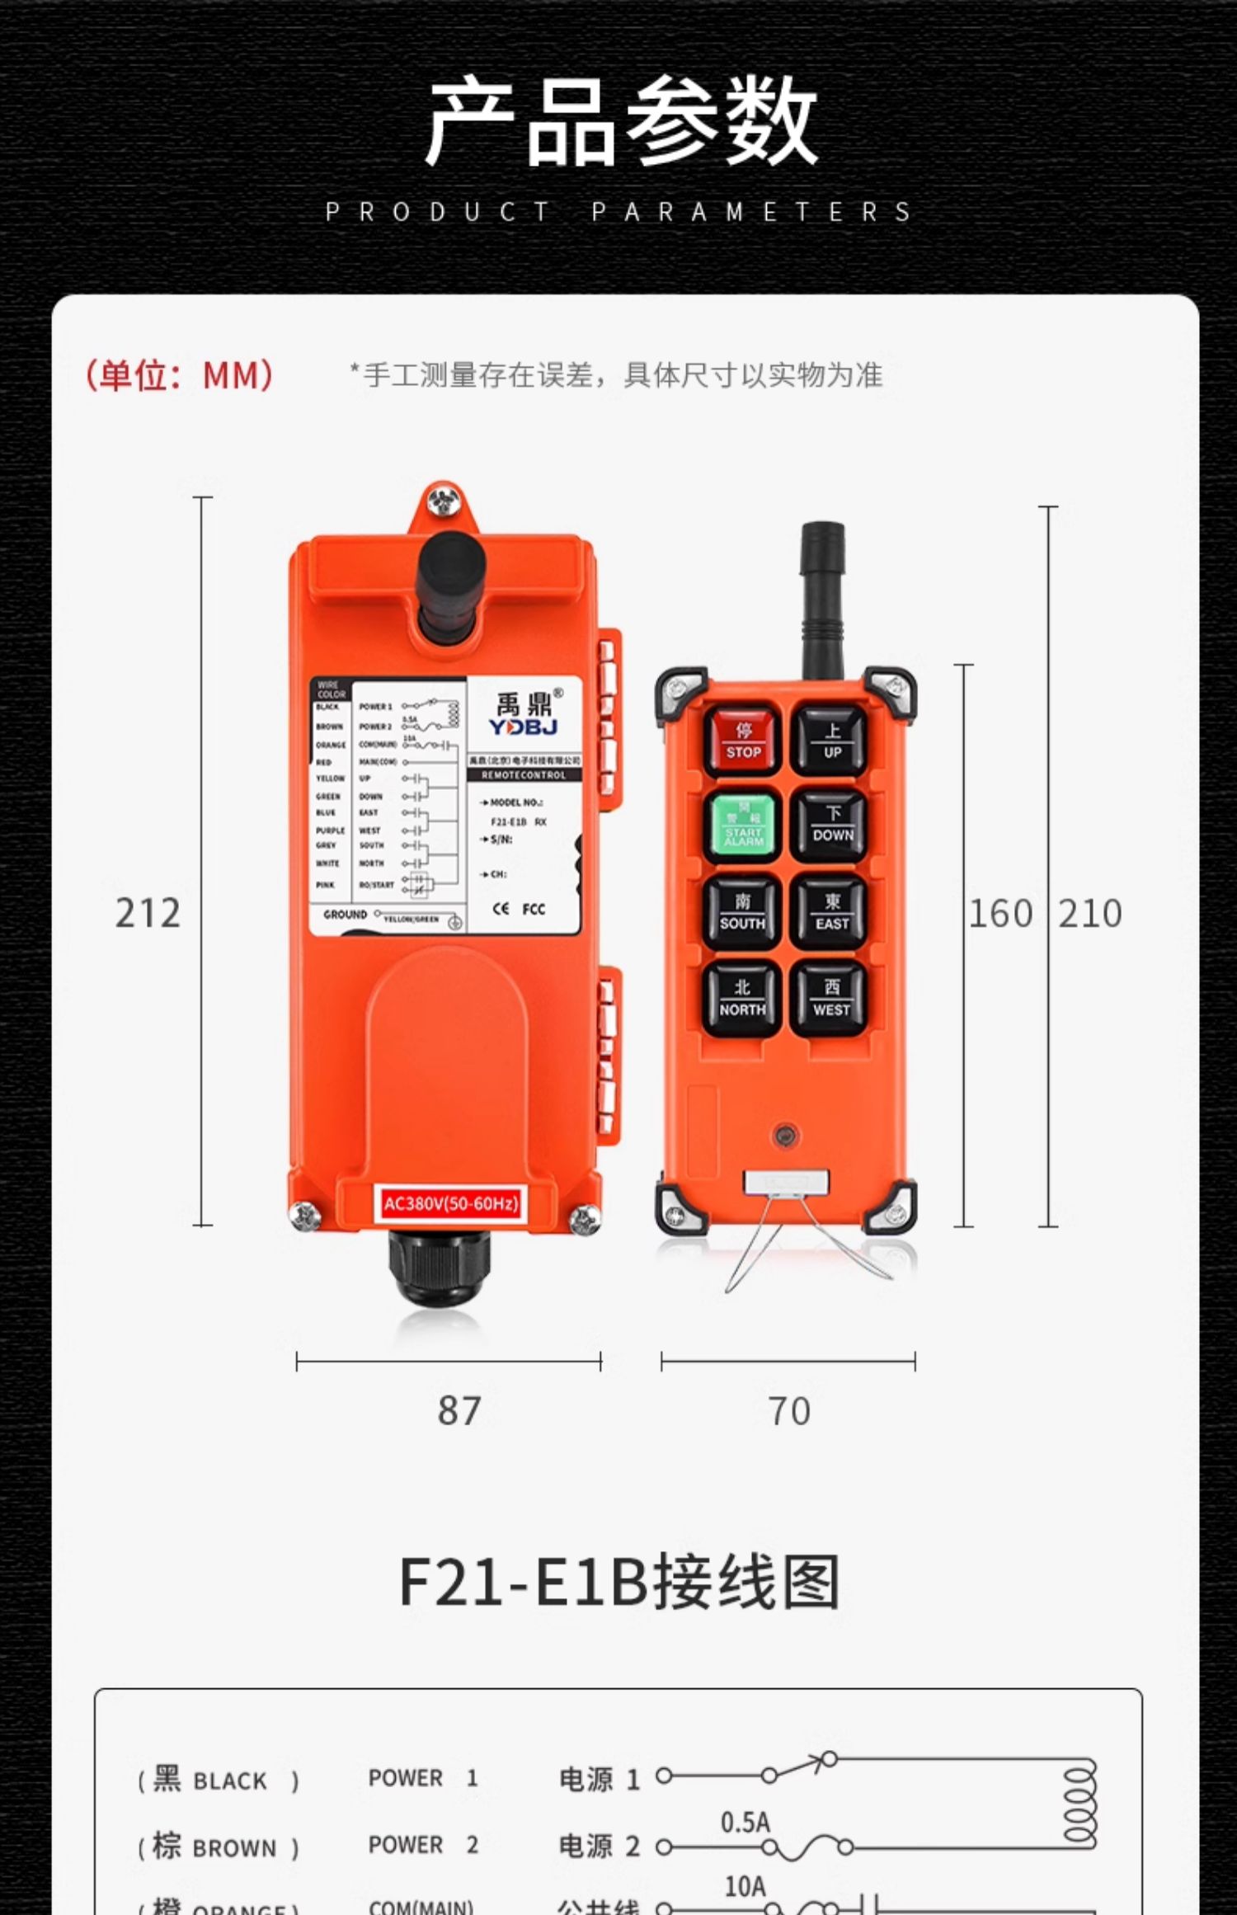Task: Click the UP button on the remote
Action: coord(831,740)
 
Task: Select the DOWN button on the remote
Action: coord(831,826)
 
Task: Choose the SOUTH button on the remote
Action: coord(742,913)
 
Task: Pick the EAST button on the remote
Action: coord(831,913)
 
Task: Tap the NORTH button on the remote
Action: coord(742,999)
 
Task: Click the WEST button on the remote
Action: coord(830,999)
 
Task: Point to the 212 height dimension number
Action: coord(148,914)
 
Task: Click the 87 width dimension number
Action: coord(459,1411)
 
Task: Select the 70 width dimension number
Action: coord(789,1412)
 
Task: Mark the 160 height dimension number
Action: coord(1000,914)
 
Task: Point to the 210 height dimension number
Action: coord(1090,914)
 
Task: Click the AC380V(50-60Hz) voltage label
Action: coord(450,1204)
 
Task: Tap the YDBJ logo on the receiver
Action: coord(524,727)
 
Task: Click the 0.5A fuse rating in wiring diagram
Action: coord(745,1823)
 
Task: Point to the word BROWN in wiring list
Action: coord(234,1850)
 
